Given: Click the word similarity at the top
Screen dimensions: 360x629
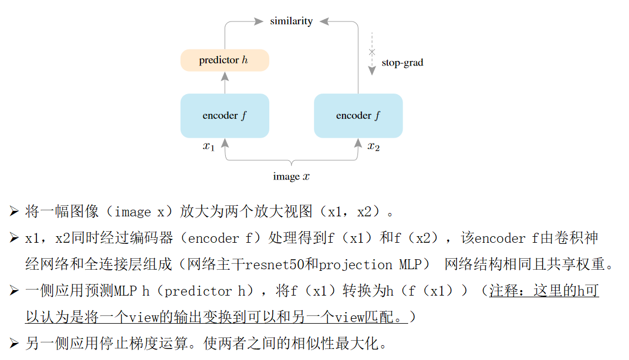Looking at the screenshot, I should pyautogui.click(x=291, y=21).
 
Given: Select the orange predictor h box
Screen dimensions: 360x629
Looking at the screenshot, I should pyautogui.click(x=225, y=60).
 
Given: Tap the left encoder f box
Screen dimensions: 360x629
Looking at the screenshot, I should pyautogui.click(x=225, y=116).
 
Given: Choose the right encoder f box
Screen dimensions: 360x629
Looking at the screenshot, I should pyautogui.click(x=358, y=116).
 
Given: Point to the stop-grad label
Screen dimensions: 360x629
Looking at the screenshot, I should pyautogui.click(x=402, y=63).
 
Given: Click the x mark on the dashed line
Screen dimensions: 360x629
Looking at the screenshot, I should pyautogui.click(x=372, y=52).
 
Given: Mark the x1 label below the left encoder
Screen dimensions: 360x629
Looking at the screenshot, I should pyautogui.click(x=208, y=146).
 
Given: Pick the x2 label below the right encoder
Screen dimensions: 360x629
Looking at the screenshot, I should pyautogui.click(x=373, y=146).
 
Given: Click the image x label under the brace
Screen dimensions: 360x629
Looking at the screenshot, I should pyautogui.click(x=291, y=177).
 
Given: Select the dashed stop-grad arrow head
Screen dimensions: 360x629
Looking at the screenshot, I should pyautogui.click(x=372, y=70).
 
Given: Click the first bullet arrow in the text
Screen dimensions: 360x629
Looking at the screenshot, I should pyautogui.click(x=14, y=211).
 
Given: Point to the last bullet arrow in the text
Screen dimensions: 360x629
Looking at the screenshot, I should pyautogui.click(x=14, y=344).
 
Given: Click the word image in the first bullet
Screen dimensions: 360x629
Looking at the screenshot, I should pyautogui.click(x=133, y=211).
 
